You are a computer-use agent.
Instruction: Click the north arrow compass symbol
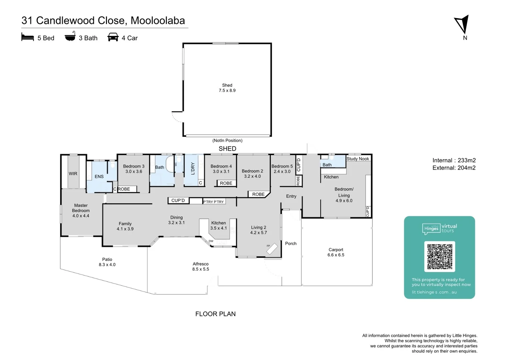pyautogui.click(x=462, y=24)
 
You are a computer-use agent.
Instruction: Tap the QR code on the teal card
pyautogui.click(x=439, y=256)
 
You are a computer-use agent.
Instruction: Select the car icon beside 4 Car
pyautogui.click(x=113, y=37)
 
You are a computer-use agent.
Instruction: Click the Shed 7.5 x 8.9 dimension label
pyautogui.click(x=227, y=88)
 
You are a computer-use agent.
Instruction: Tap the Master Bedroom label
pyautogui.click(x=81, y=210)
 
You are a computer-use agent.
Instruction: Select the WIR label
pyautogui.click(x=73, y=174)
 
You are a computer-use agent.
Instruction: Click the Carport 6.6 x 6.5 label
pyautogui.click(x=336, y=252)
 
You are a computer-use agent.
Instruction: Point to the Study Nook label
pyautogui.click(x=358, y=159)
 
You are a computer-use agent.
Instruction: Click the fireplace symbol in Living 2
pyautogui.click(x=272, y=249)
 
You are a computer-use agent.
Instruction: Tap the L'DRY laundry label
pyautogui.click(x=193, y=169)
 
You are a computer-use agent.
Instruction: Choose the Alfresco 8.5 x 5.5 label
pyautogui.click(x=201, y=266)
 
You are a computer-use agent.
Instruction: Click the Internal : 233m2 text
pyautogui.click(x=454, y=160)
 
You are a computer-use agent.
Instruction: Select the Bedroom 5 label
pyautogui.click(x=282, y=169)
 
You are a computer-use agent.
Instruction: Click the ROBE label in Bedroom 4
pyautogui.click(x=226, y=183)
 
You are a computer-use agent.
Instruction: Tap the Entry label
pyautogui.click(x=291, y=196)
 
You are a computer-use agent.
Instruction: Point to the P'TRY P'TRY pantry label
pyautogui.click(x=214, y=202)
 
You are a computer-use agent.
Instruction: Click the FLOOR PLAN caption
pyautogui.click(x=215, y=314)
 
